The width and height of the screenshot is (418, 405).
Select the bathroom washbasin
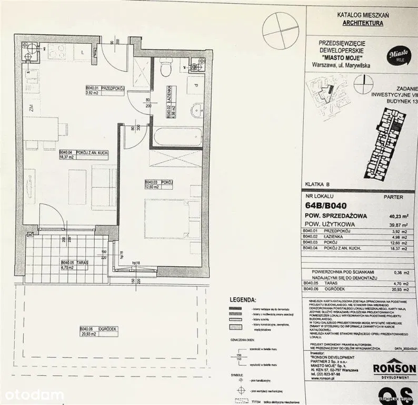click(x=196, y=110)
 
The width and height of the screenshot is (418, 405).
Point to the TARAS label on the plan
click(x=72, y=262)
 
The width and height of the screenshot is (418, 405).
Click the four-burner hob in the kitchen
click(x=57, y=51)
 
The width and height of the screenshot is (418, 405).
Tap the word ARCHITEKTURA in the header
click(x=363, y=23)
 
